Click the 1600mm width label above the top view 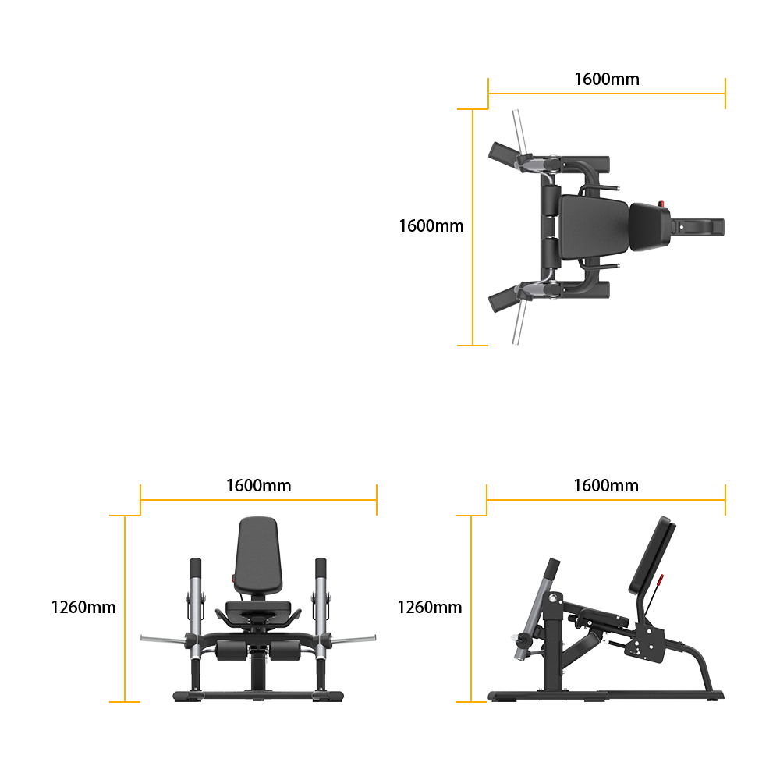point(606,79)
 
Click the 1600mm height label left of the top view point(431,226)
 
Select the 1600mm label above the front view point(259,485)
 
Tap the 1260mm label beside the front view point(83,608)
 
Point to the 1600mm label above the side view point(606,485)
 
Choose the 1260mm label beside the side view point(429,608)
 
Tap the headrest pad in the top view point(650,227)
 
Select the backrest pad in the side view point(652,555)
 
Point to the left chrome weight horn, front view point(163,640)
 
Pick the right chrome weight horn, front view point(353,639)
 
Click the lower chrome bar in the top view point(519,322)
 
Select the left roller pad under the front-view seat point(232,651)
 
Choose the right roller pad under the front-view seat point(285,651)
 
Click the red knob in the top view point(661,204)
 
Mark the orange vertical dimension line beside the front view point(124,608)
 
